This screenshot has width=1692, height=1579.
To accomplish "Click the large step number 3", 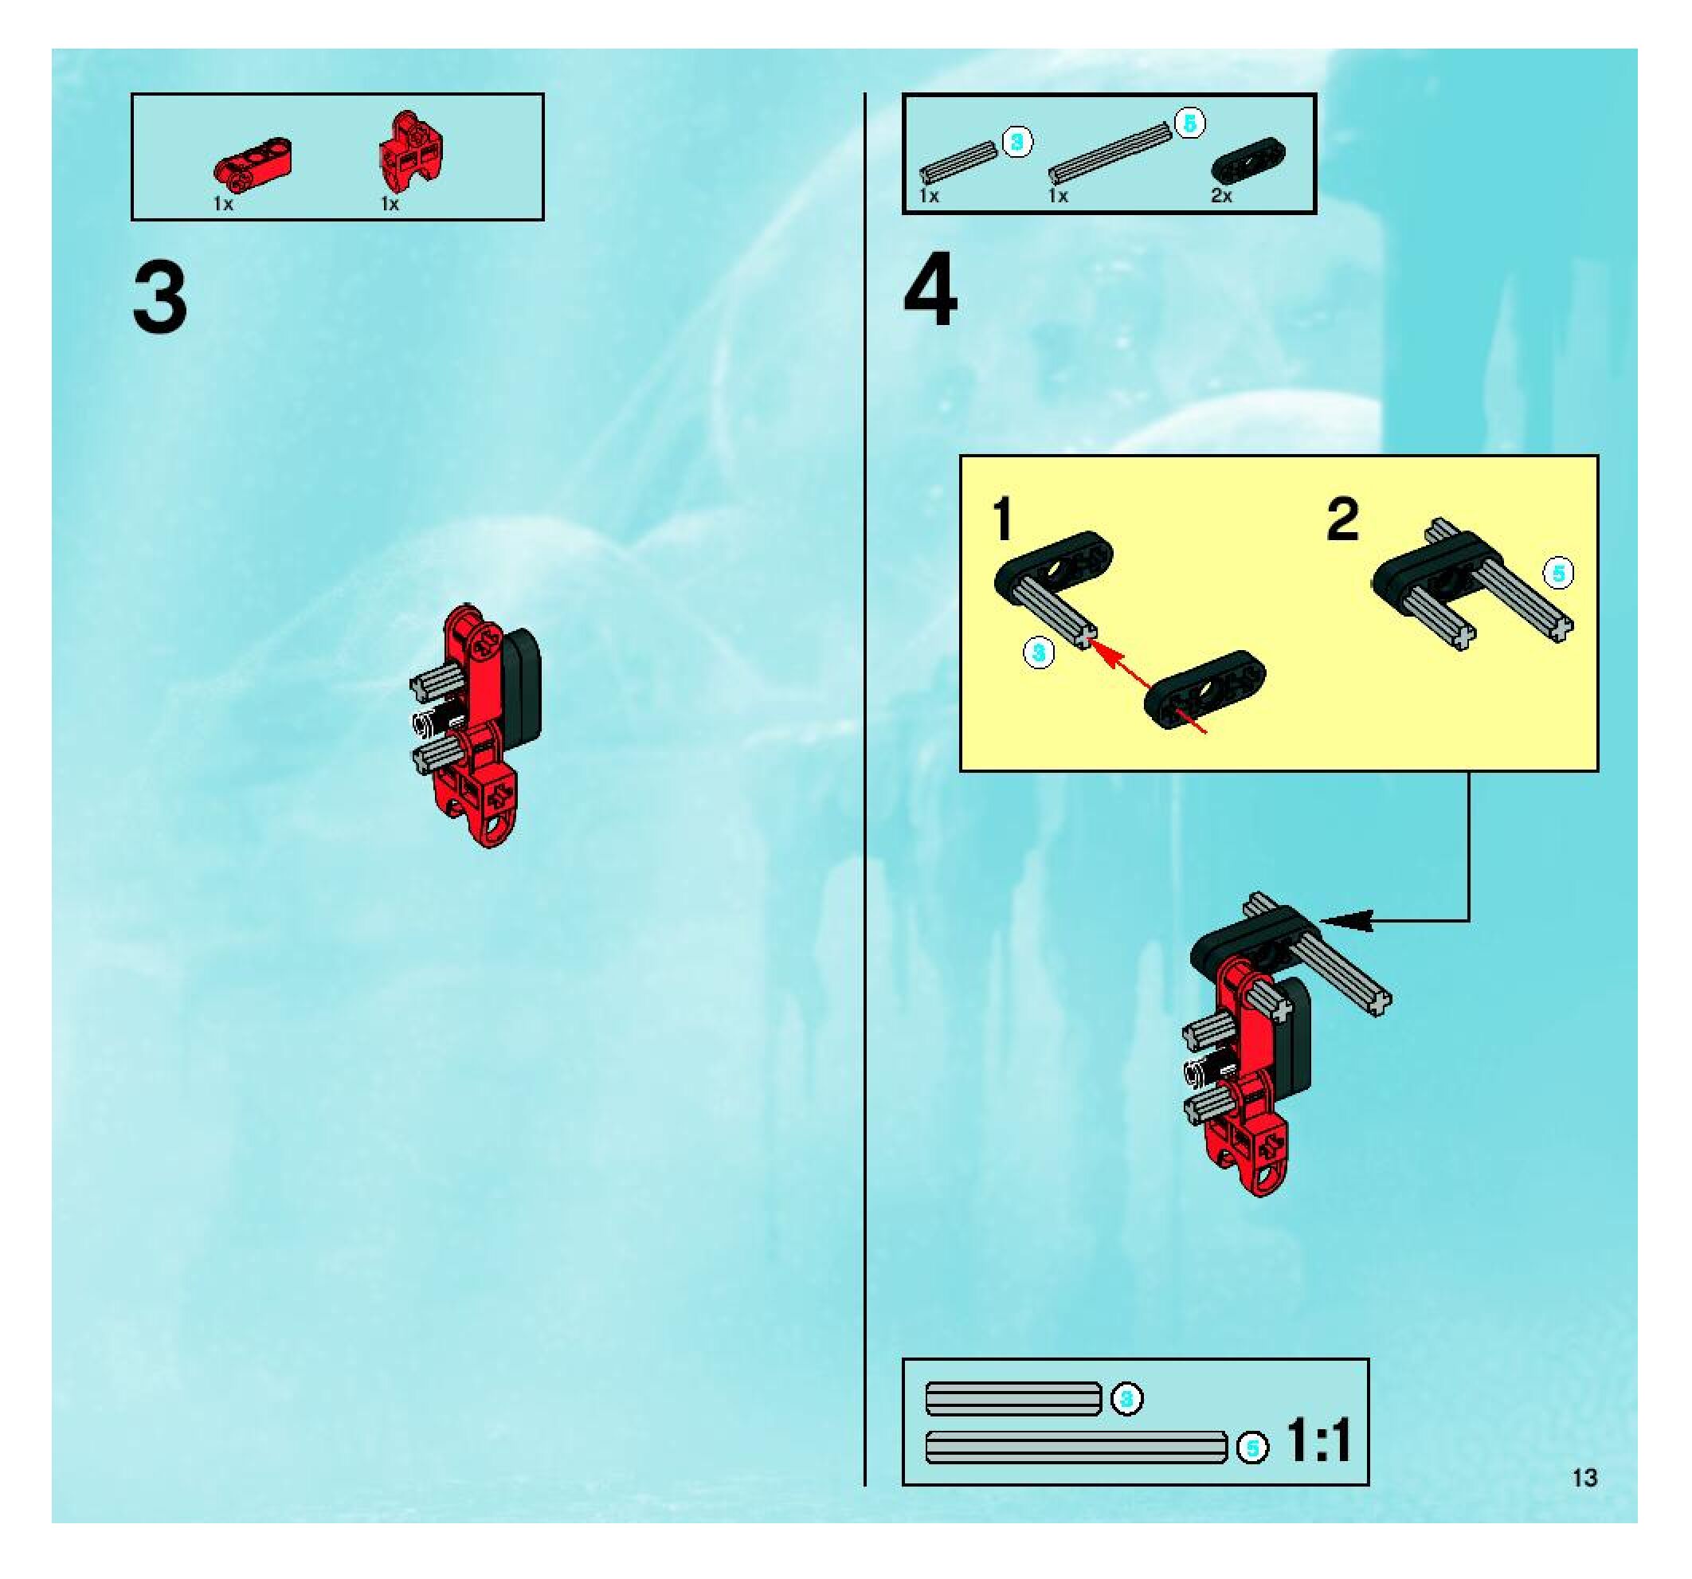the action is coord(160,298).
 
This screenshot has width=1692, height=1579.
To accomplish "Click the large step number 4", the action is coord(931,289).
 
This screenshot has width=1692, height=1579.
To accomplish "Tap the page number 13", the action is coord(1584,1478).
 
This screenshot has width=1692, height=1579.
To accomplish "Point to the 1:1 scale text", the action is coord(1318,1441).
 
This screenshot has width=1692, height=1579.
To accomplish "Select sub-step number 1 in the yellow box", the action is coord(1003,519).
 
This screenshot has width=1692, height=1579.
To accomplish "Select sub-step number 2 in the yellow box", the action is coord(1343,519).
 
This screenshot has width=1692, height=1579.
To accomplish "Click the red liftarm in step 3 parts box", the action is coord(251,160).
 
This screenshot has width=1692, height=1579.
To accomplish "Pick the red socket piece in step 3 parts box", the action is coord(411,153).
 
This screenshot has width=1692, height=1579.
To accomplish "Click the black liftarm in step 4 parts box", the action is coord(1248,159).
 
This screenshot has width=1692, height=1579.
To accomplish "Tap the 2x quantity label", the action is coord(1221,196).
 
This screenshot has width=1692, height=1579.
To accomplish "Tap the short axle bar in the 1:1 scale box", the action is coord(1013,1398).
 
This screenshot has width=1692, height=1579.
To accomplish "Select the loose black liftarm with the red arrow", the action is coord(1204,689).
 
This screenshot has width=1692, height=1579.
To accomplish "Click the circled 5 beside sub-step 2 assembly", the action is coord(1559,574).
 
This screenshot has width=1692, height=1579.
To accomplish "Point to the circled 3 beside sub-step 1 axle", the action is coord(1038,654).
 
